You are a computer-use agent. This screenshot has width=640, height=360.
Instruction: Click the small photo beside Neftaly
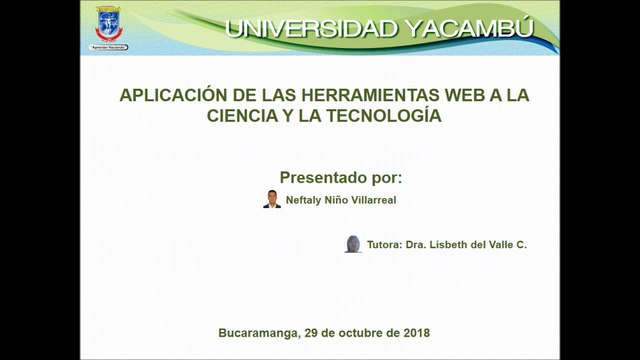click(x=272, y=198)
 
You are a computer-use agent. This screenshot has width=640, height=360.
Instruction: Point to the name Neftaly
click(x=304, y=199)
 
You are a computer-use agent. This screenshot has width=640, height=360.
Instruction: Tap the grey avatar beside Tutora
click(x=353, y=244)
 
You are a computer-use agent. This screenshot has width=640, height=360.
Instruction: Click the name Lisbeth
click(x=451, y=245)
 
